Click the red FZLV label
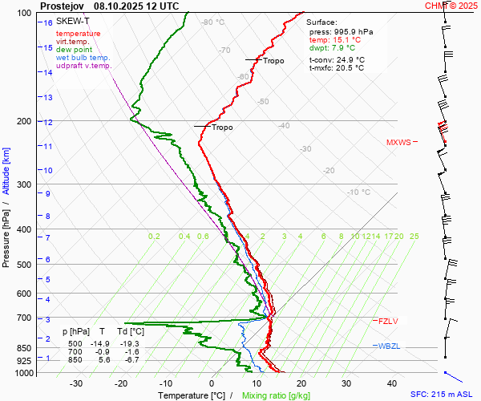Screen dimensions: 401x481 (x=388, y=321)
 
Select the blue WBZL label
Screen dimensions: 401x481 (x=388, y=346)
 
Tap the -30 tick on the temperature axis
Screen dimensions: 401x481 (x=76, y=383)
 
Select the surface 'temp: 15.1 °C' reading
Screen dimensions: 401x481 (x=334, y=39)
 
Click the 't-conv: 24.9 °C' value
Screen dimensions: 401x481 (x=337, y=59)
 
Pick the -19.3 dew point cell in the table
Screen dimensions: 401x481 (x=130, y=342)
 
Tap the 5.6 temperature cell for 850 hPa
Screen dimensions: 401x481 (x=103, y=359)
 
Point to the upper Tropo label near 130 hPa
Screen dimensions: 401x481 (x=273, y=61)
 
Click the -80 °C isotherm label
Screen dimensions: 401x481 (x=213, y=22)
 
